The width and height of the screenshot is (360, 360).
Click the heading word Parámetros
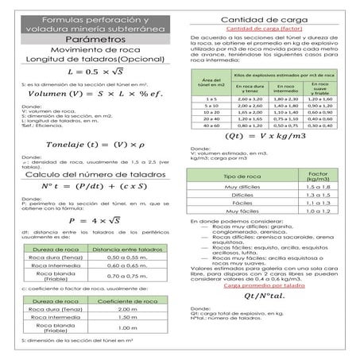89,38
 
